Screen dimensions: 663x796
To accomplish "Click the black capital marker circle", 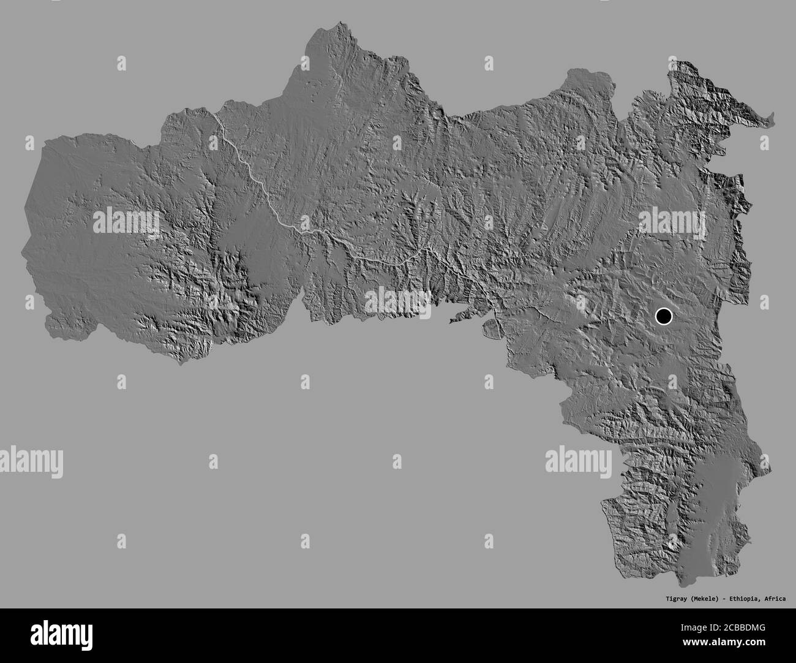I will point(663,317).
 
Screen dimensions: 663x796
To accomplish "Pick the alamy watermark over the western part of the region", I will point(126,222).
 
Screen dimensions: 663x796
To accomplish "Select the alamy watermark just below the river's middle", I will point(397,301).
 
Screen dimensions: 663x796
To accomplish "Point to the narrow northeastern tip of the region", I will point(770,117).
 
